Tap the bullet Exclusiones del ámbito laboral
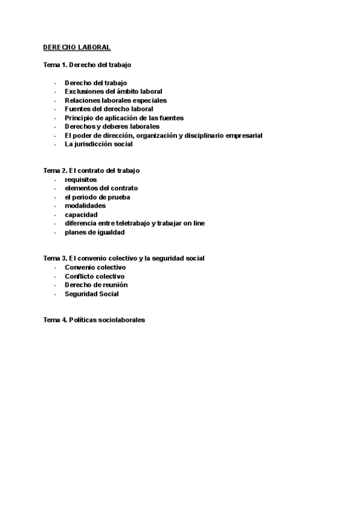pos(113,91)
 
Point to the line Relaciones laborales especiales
pos(115,100)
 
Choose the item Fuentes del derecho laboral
pos(109,109)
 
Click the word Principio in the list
pos(79,118)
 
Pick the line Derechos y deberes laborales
pos(112,127)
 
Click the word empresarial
pos(242,136)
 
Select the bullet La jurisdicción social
pos(98,144)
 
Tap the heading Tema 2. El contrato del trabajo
pos(91,171)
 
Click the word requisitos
pos(80,179)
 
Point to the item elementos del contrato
pos(101,188)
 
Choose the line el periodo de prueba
pos(97,197)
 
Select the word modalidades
pos(85,206)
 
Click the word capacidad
pos(81,214)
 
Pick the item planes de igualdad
pos(94,232)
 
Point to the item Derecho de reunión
pos(96,285)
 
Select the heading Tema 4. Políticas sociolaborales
pos(94,320)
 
